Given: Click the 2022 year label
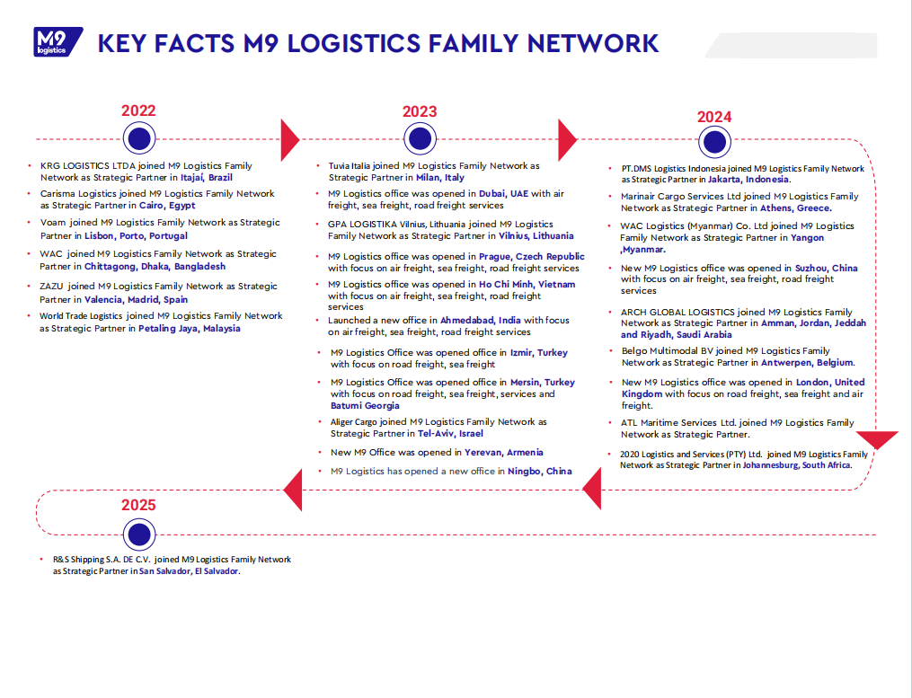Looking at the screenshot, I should tap(138, 110).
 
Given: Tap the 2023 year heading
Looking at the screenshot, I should tap(420, 111).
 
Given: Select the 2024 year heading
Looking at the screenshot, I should tap(714, 117).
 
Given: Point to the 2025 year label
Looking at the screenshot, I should tap(138, 505).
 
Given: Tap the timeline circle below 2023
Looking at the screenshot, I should tap(420, 138).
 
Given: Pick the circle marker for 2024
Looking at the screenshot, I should tap(713, 142).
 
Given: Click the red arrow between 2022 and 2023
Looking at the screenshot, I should tap(289, 139).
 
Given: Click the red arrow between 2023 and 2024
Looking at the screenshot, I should tap(566, 140).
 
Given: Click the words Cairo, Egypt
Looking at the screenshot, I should tap(167, 206).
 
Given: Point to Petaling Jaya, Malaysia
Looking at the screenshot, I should tap(190, 329).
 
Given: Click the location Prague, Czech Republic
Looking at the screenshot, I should tap(532, 256).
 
